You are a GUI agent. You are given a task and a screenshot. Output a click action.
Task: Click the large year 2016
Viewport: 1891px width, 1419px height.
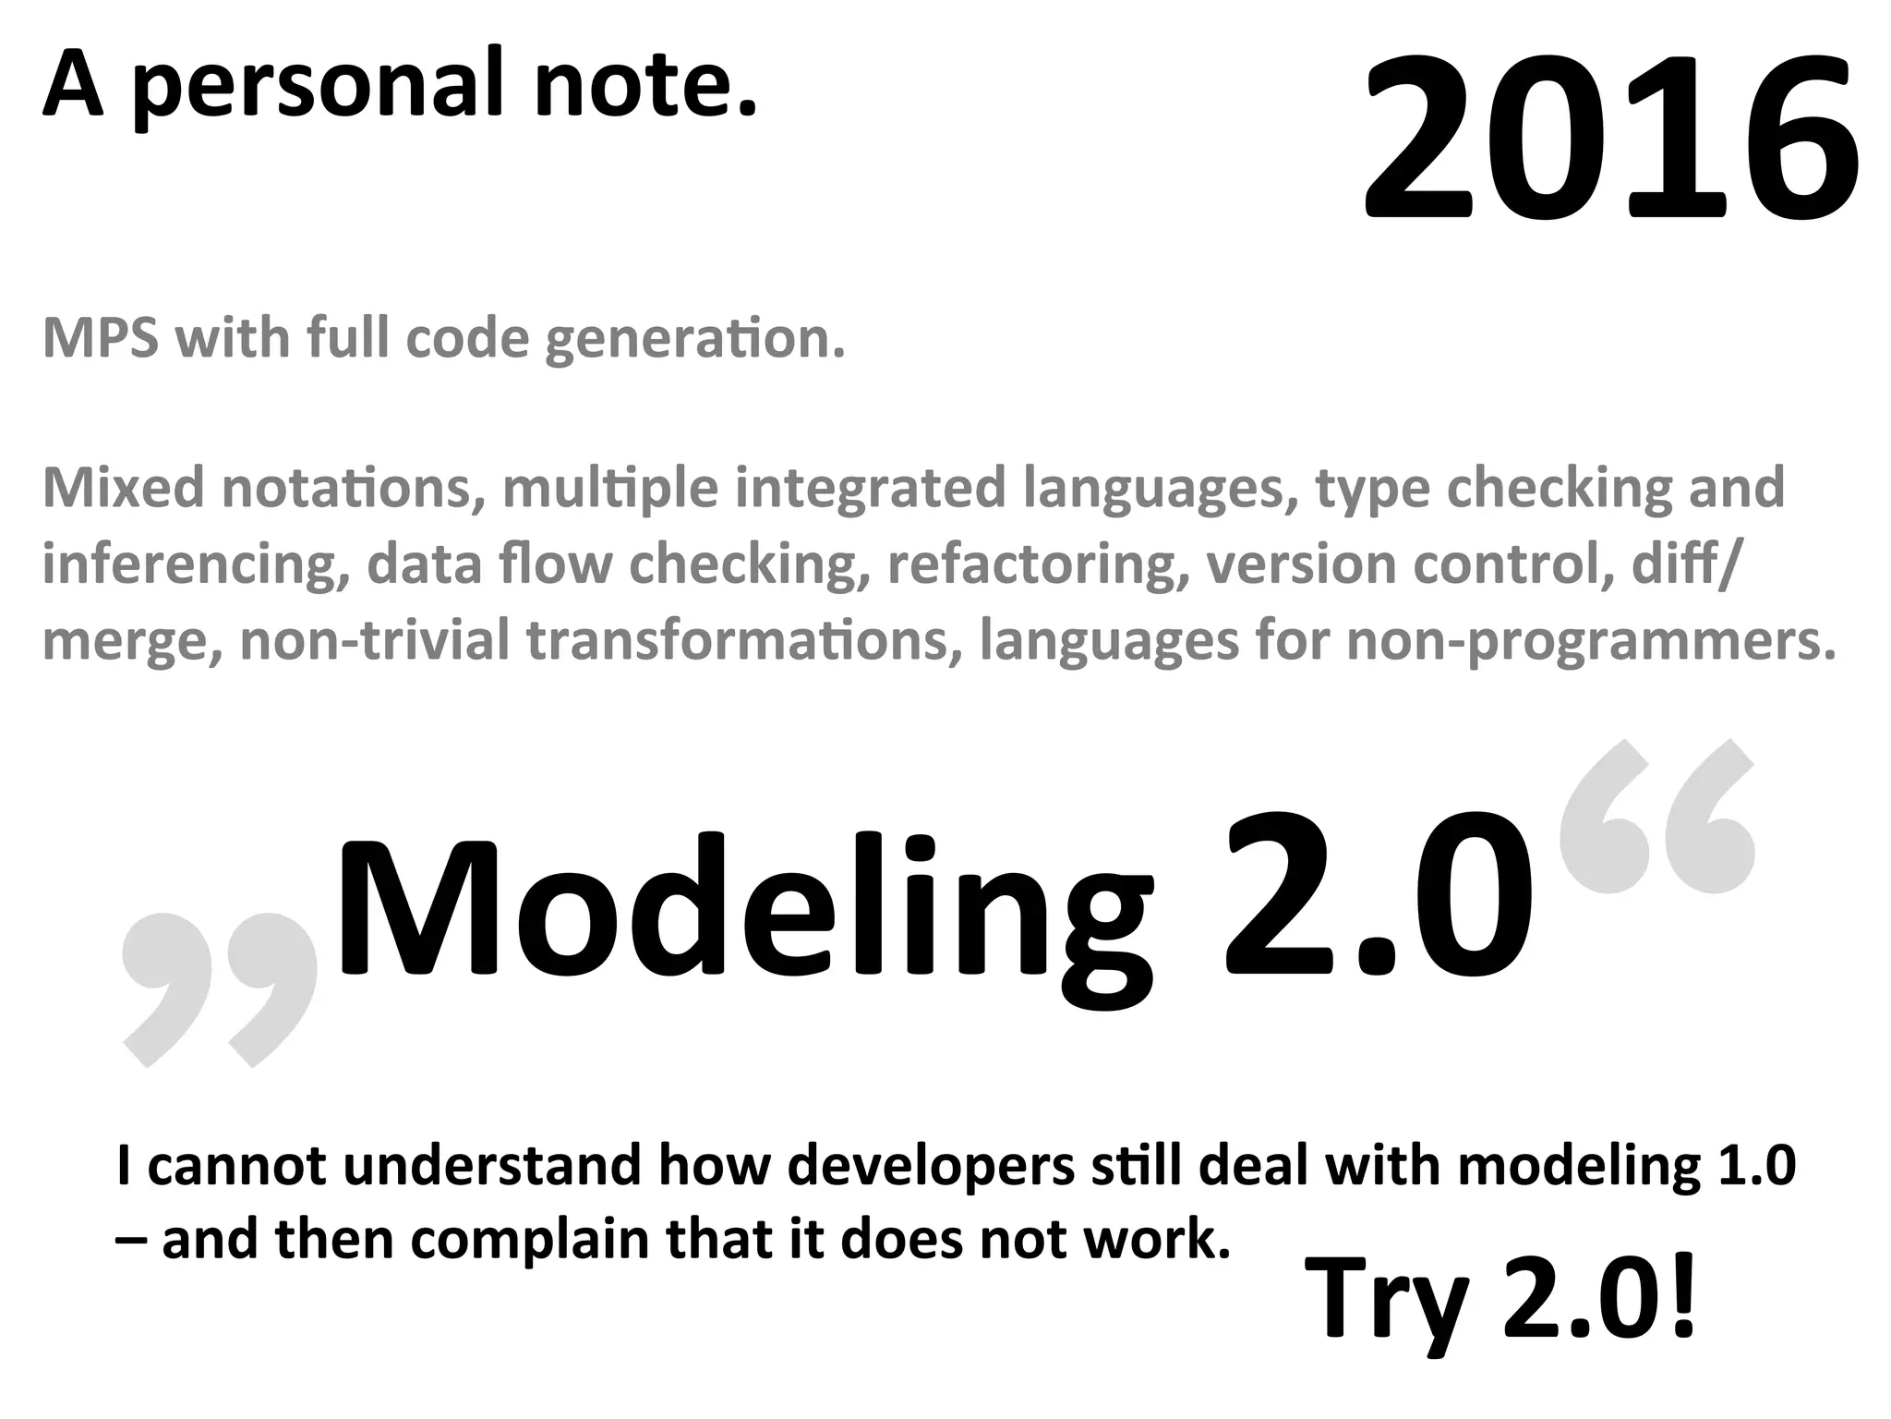tap(1610, 139)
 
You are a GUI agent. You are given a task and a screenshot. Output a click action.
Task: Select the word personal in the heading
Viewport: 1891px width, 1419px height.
tap(318, 88)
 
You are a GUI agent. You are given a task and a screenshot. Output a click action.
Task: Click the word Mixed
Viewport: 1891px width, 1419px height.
tap(122, 488)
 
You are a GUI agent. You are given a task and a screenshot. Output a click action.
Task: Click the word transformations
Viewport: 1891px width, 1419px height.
tap(738, 641)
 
